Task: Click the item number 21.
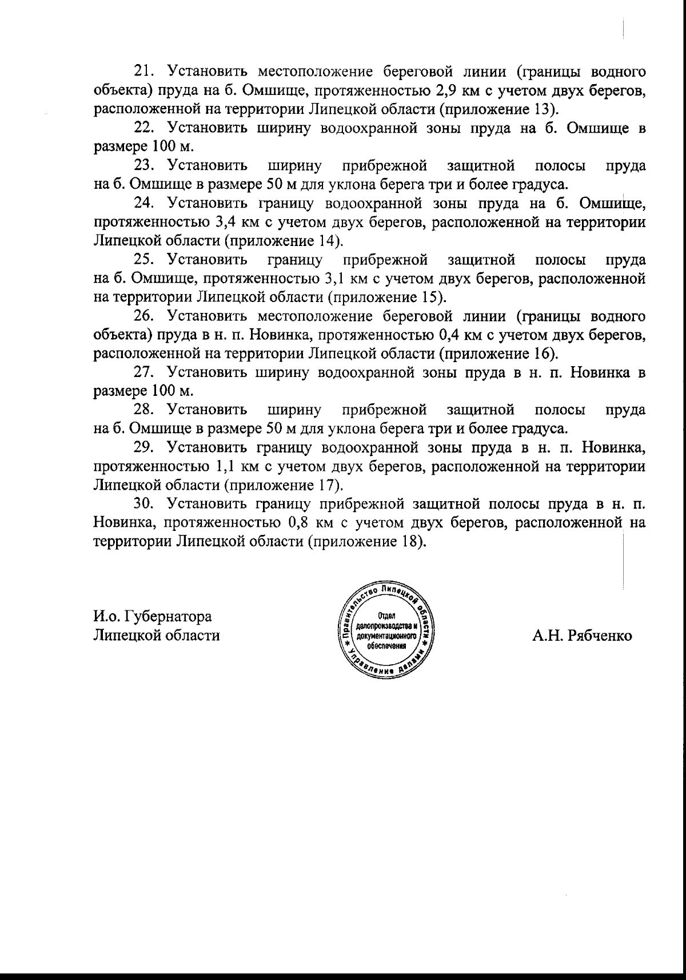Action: [x=142, y=72]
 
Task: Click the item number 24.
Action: [x=142, y=204]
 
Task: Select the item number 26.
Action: [x=142, y=316]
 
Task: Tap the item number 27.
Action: [x=142, y=372]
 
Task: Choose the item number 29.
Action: [x=142, y=447]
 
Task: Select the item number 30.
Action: [x=142, y=504]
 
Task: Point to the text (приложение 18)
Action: [x=368, y=541]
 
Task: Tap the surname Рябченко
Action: [x=599, y=636]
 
